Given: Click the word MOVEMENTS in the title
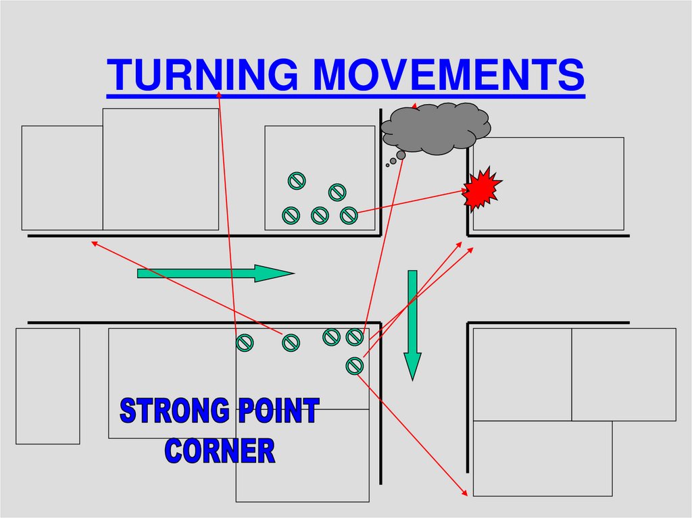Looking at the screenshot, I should pos(448,74).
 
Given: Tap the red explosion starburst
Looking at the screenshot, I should pos(482,188).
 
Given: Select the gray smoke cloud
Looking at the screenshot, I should pos(436,128).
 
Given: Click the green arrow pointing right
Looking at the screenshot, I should pos(215,274).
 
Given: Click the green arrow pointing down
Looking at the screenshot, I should pos(412,324).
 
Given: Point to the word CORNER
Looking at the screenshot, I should pos(220,450).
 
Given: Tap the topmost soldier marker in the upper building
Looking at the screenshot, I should pos(297,180).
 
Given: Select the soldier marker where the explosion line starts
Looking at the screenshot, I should pos(348,215).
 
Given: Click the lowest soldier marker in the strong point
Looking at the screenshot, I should pos(354,365).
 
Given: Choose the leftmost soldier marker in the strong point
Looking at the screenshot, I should pos(245,343).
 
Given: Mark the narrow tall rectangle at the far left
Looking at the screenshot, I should pos(47,386).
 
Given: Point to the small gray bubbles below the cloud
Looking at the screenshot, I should pos(394,160).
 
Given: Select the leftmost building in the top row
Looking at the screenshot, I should pos(61,178).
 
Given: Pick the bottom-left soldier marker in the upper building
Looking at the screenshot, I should pos(291,215).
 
